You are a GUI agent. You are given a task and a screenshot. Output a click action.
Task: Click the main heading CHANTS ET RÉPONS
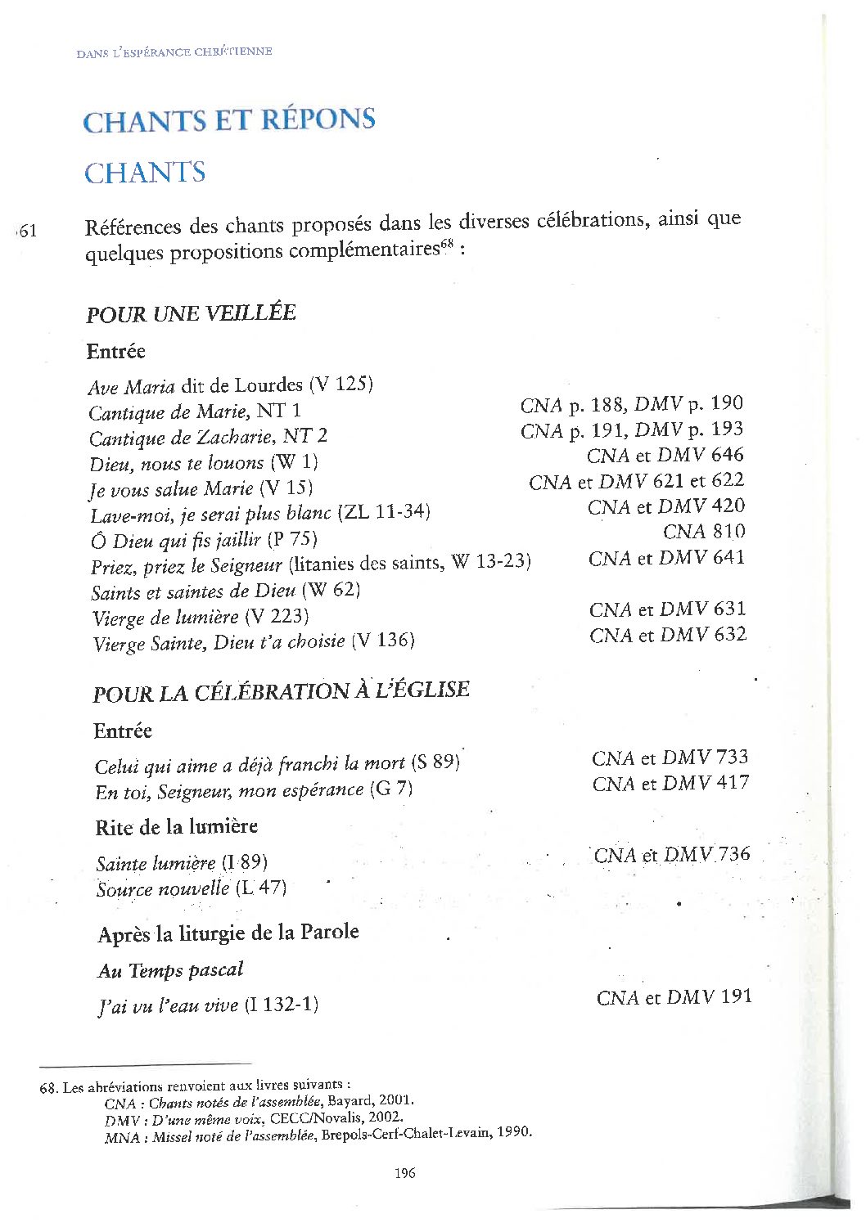pyautogui.click(x=229, y=120)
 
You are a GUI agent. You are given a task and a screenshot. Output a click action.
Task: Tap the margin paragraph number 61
pyautogui.click(x=27, y=231)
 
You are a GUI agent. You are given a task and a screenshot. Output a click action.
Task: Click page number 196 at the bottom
pyautogui.click(x=404, y=1172)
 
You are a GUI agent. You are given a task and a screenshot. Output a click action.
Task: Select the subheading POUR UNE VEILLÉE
pyautogui.click(x=191, y=313)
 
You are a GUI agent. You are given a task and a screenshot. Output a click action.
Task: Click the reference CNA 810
pyautogui.click(x=704, y=532)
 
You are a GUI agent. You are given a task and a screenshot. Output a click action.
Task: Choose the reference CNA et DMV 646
pyautogui.click(x=665, y=455)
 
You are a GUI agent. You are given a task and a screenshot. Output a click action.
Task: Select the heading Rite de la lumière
pyautogui.click(x=176, y=827)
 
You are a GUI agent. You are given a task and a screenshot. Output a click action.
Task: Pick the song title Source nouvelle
pyautogui.click(x=163, y=888)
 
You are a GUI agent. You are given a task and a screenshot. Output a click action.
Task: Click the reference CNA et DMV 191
pyautogui.click(x=674, y=996)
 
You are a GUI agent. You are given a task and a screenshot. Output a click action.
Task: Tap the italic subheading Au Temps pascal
pyautogui.click(x=170, y=970)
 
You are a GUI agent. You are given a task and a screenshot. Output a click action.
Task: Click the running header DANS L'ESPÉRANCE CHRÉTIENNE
pyautogui.click(x=174, y=52)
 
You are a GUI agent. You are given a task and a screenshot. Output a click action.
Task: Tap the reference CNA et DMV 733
pyautogui.click(x=670, y=758)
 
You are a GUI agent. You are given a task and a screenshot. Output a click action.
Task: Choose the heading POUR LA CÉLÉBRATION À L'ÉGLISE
pyautogui.click(x=281, y=692)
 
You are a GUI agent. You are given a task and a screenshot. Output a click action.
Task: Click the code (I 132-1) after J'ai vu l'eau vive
pyautogui.click(x=281, y=1005)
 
